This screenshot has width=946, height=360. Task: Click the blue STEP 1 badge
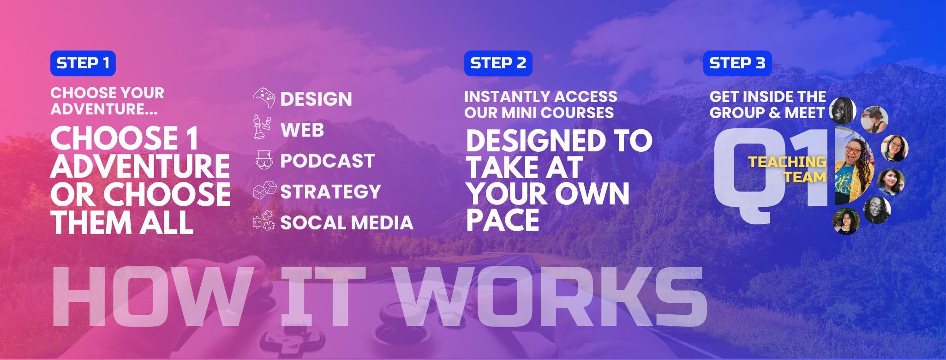(83, 63)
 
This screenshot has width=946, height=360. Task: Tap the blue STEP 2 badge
(498, 63)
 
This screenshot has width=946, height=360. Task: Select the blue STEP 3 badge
(737, 63)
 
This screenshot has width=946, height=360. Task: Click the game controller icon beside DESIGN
(264, 98)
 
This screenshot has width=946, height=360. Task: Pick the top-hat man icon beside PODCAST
(264, 160)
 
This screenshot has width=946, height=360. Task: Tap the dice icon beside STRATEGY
(265, 190)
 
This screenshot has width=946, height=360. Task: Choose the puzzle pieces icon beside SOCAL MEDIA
(264, 220)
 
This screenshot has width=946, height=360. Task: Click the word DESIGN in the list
(316, 99)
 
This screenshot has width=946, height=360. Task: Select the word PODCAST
(328, 161)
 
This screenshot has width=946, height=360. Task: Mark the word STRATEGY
(331, 192)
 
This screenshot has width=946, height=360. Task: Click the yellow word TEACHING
(787, 162)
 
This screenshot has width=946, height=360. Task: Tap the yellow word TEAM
(805, 177)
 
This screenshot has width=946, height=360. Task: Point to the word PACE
(503, 220)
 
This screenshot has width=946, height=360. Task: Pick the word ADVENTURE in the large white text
(140, 167)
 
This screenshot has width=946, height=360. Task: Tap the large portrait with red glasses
(855, 171)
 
